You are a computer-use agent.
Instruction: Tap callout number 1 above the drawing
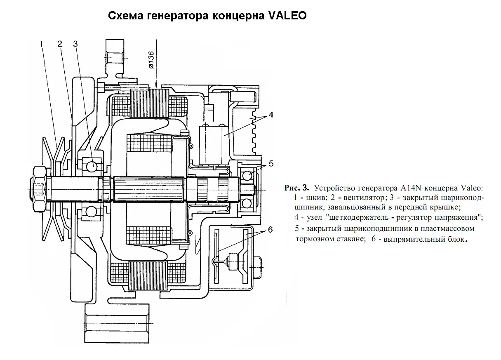coord(42,43)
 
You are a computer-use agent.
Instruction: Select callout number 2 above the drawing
coord(60,43)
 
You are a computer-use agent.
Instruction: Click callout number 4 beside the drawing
coord(270,115)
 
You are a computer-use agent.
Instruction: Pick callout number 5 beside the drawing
coord(271,163)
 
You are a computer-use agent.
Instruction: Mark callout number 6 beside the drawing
coord(270,230)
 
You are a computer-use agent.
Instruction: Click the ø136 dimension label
coord(151,59)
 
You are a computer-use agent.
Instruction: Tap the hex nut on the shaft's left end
coord(38,188)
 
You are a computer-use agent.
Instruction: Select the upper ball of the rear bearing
coord(247,175)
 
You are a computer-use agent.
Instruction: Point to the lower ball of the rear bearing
coord(247,203)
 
